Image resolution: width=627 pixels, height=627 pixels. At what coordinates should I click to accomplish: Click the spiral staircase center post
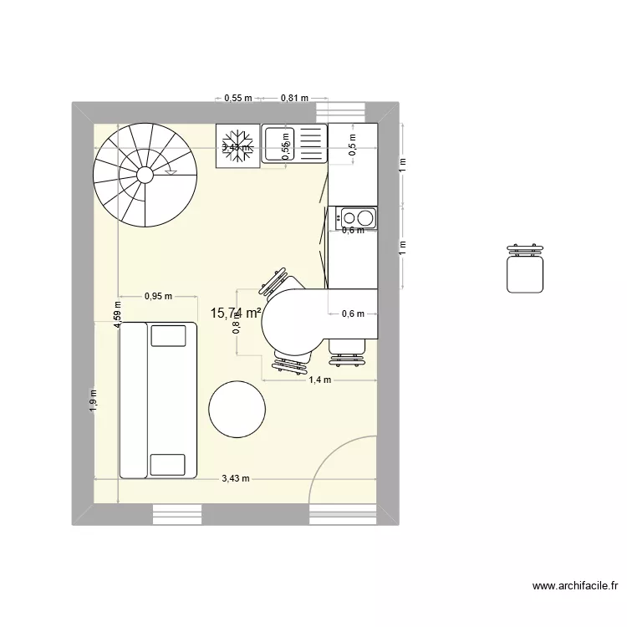[x=145, y=175]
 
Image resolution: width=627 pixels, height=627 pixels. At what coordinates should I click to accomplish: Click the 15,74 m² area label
[x=236, y=313]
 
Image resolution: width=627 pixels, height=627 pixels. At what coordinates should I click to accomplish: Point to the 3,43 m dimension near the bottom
[x=236, y=479]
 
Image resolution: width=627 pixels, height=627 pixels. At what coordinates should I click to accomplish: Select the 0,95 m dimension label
[x=158, y=295]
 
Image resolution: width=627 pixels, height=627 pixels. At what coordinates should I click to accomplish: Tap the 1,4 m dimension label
[x=320, y=380]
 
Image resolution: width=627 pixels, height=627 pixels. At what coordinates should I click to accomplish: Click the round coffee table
[x=237, y=409]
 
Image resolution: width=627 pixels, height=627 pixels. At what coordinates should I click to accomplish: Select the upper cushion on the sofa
[x=167, y=335]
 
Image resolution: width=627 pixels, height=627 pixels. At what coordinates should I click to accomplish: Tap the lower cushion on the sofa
[x=167, y=464]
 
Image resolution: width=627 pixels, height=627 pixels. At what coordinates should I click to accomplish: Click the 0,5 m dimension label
[x=353, y=146]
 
